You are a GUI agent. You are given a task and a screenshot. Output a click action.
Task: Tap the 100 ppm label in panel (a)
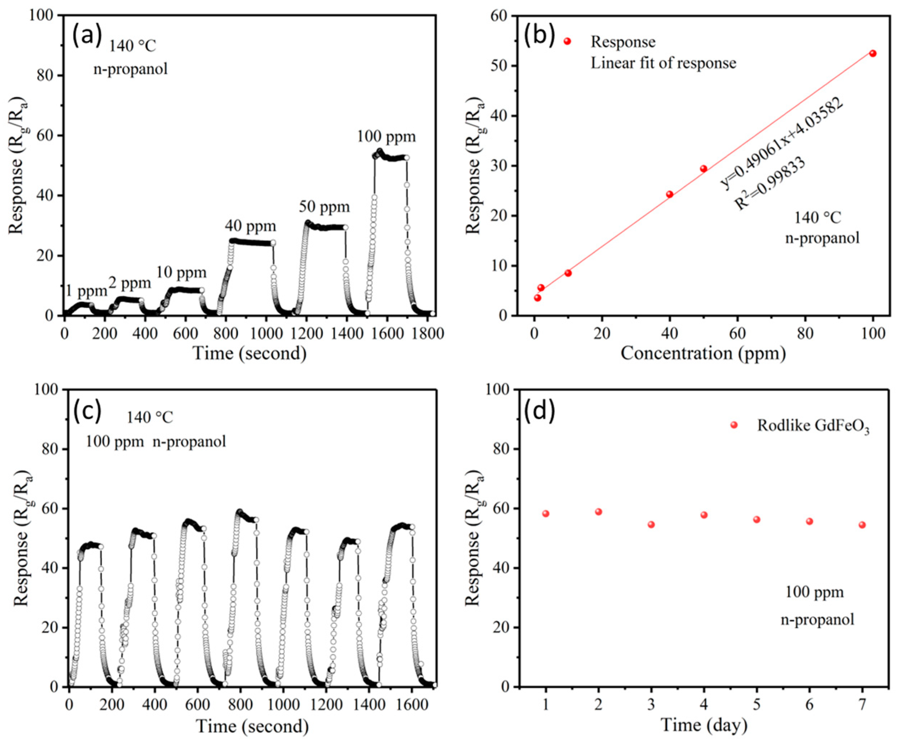pyautogui.click(x=386, y=137)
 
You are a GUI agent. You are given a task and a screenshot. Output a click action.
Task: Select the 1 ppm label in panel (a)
pyautogui.click(x=86, y=291)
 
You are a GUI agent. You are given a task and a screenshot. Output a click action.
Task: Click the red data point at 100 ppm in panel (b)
pyautogui.click(x=873, y=53)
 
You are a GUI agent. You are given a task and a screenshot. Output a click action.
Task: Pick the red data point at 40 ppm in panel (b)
pyautogui.click(x=670, y=194)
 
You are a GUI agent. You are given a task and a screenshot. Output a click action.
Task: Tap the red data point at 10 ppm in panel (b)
pyautogui.click(x=568, y=273)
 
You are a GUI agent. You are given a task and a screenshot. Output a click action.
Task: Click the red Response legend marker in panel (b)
pyautogui.click(x=567, y=41)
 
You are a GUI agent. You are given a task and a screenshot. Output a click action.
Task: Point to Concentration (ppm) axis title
pyautogui.click(x=703, y=353)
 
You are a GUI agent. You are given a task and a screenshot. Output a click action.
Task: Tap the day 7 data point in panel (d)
pyautogui.click(x=862, y=525)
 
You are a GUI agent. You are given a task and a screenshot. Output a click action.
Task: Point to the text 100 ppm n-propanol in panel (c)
pyautogui.click(x=156, y=442)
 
